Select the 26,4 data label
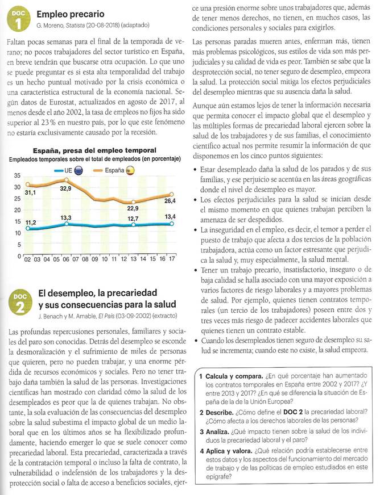[x=170, y=200]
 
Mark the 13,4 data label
[x=170, y=216]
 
